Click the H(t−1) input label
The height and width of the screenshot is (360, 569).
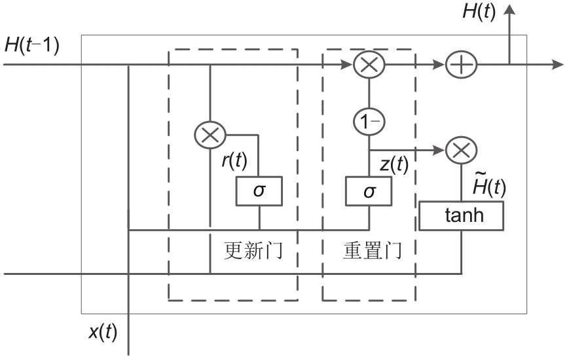point(31,46)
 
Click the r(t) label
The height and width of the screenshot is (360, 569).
point(233,160)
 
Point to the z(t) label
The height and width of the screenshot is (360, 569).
point(394,166)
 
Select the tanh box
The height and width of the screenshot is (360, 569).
point(462,215)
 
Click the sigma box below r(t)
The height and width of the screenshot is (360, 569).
point(259,190)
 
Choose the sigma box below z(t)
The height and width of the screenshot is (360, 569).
point(369,190)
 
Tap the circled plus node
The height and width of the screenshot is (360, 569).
point(461,65)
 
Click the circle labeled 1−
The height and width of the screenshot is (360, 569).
point(369,122)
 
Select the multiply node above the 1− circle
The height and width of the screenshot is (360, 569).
point(369,65)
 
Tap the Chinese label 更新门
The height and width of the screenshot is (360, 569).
point(253,250)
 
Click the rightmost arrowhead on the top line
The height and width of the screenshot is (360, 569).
point(557,65)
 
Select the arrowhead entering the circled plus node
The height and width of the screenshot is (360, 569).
point(438,65)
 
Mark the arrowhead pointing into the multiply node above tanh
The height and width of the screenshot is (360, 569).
point(439,151)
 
